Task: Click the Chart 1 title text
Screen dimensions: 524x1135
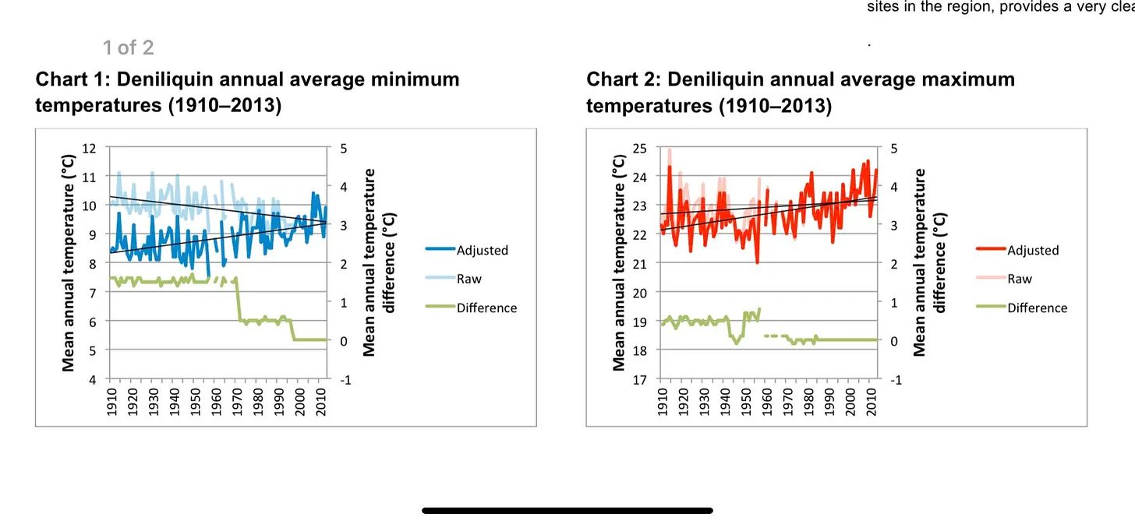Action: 247,92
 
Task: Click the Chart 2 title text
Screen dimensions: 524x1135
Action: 800,92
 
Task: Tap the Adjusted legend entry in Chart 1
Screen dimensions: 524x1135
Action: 482,250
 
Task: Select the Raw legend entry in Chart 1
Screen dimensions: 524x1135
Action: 468,279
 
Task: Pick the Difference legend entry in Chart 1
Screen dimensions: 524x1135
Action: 486,308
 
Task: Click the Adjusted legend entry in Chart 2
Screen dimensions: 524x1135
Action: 1032,250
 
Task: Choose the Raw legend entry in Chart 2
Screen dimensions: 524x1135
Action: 1019,279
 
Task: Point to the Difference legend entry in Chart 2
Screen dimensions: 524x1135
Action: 1037,308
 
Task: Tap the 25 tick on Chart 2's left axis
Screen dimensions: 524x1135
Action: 640,148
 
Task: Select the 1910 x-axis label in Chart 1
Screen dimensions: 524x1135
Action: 111,403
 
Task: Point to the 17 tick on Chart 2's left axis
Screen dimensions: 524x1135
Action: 640,379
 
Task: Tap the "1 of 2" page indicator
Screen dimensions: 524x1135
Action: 128,47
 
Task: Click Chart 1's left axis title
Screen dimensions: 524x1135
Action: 69,263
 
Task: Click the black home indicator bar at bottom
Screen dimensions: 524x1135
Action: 567,511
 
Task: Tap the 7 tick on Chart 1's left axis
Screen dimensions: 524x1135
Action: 93,293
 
